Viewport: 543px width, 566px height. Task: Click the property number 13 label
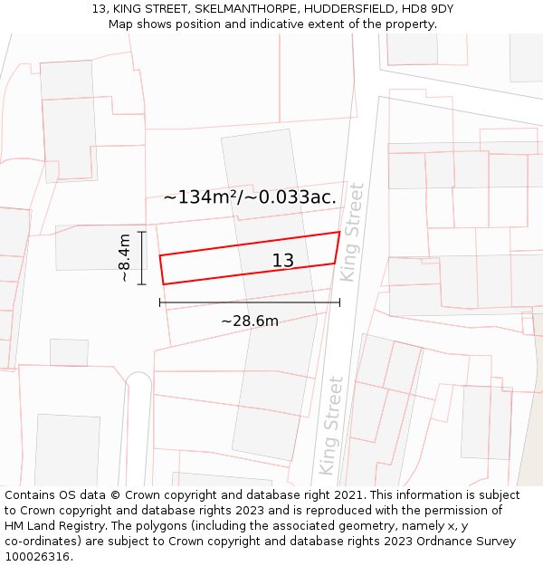283,261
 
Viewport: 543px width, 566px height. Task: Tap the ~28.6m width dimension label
250,321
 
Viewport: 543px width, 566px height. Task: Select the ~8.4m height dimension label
126,258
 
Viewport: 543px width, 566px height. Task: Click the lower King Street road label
330,426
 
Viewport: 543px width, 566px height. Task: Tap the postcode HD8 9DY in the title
425,9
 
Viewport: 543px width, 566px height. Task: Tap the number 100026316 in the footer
38,556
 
